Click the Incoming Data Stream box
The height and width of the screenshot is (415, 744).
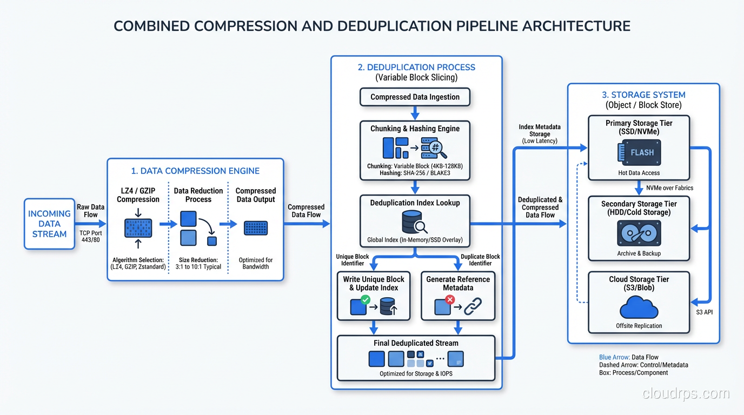[49, 224]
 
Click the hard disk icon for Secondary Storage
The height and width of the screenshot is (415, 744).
[639, 234]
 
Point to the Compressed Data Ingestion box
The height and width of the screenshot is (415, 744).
[415, 97]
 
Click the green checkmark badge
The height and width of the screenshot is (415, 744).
[365, 299]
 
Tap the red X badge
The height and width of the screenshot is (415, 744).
[449, 299]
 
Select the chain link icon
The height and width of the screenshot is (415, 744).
[472, 307]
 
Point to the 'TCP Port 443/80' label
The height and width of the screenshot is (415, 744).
[90, 237]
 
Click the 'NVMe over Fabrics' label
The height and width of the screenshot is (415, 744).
[669, 188]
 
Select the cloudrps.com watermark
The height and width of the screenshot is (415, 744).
[686, 394]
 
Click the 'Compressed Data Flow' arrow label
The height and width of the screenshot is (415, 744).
[306, 211]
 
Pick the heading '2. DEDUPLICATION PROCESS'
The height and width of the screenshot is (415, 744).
[416, 68]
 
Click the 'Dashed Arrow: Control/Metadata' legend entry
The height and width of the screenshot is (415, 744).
[643, 365]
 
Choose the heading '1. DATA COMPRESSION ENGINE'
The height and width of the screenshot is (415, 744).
[195, 171]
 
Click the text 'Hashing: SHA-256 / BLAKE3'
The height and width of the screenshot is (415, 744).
[415, 173]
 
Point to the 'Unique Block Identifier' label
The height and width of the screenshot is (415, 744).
[352, 260]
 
